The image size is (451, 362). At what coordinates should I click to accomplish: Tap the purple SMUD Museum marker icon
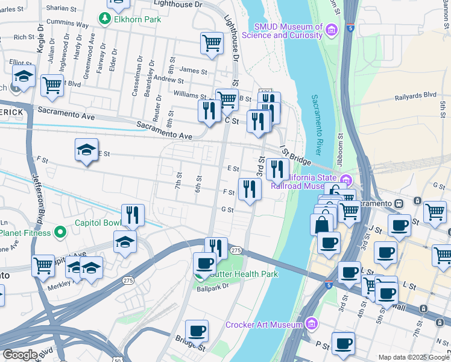330,30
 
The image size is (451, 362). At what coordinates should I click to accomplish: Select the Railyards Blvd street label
415,95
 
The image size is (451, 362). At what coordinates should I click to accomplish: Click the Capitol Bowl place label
97,222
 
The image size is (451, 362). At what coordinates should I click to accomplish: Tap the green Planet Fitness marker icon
60,232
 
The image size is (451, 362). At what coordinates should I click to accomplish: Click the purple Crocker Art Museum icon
311,325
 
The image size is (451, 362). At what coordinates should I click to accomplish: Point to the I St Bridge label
295,156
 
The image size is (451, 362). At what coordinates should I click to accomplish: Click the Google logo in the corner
20,355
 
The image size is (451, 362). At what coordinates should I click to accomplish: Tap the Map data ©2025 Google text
414,357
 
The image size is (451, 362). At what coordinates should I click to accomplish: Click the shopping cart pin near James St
212,43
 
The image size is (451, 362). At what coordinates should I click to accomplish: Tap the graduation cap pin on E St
86,150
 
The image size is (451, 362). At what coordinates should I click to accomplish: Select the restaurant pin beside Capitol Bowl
132,215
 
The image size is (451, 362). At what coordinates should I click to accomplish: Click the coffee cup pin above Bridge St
197,331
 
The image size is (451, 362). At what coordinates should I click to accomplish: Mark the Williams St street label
190,95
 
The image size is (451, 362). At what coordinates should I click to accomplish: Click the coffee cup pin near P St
343,343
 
